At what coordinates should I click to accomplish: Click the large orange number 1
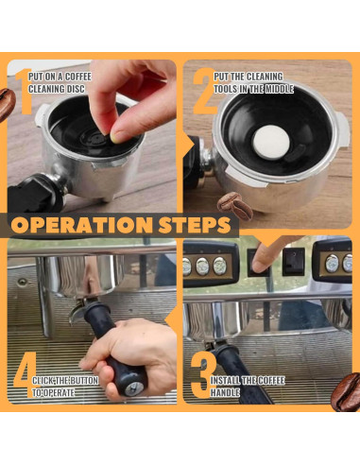click(x=25, y=92)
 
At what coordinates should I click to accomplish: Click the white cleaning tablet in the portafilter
click(x=271, y=142)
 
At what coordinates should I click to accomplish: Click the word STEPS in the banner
click(x=195, y=225)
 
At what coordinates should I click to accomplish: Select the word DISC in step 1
click(x=75, y=89)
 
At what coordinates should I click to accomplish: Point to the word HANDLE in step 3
click(x=225, y=392)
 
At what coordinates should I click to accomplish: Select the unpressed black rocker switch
click(x=294, y=262)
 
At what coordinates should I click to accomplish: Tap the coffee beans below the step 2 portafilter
click(x=234, y=206)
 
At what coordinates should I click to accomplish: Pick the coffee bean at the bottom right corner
click(x=346, y=392)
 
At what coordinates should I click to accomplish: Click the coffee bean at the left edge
click(x=7, y=105)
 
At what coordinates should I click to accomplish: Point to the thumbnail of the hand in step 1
click(x=115, y=137)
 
